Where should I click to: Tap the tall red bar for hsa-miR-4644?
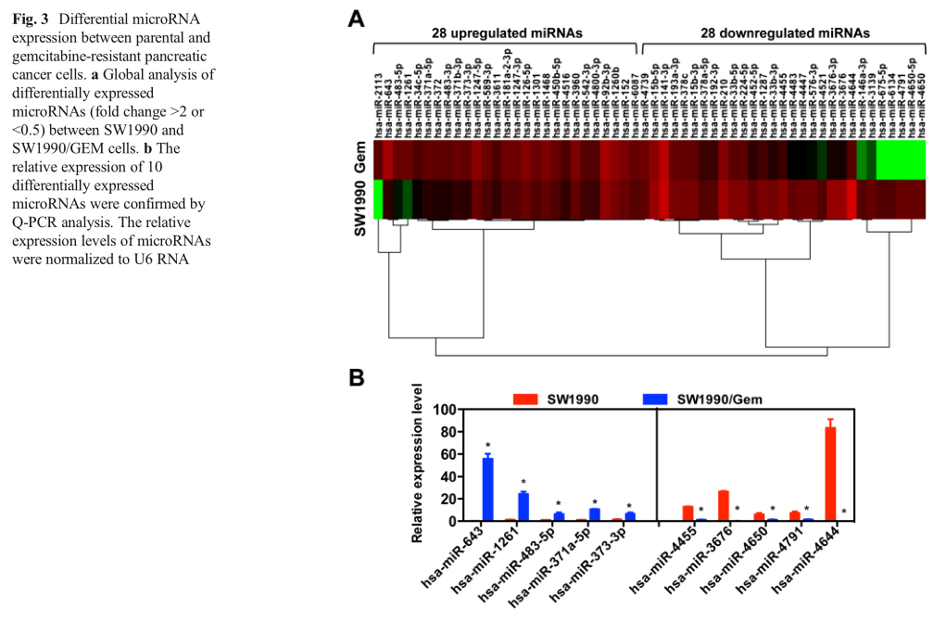tap(830, 474)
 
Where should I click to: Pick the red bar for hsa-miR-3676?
tap(724, 505)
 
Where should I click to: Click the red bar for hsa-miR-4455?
tap(687, 513)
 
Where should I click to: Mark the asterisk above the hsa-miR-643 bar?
tap(487, 445)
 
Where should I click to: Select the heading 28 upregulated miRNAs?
tap(507, 32)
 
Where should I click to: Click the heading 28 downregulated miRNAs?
tap(785, 32)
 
